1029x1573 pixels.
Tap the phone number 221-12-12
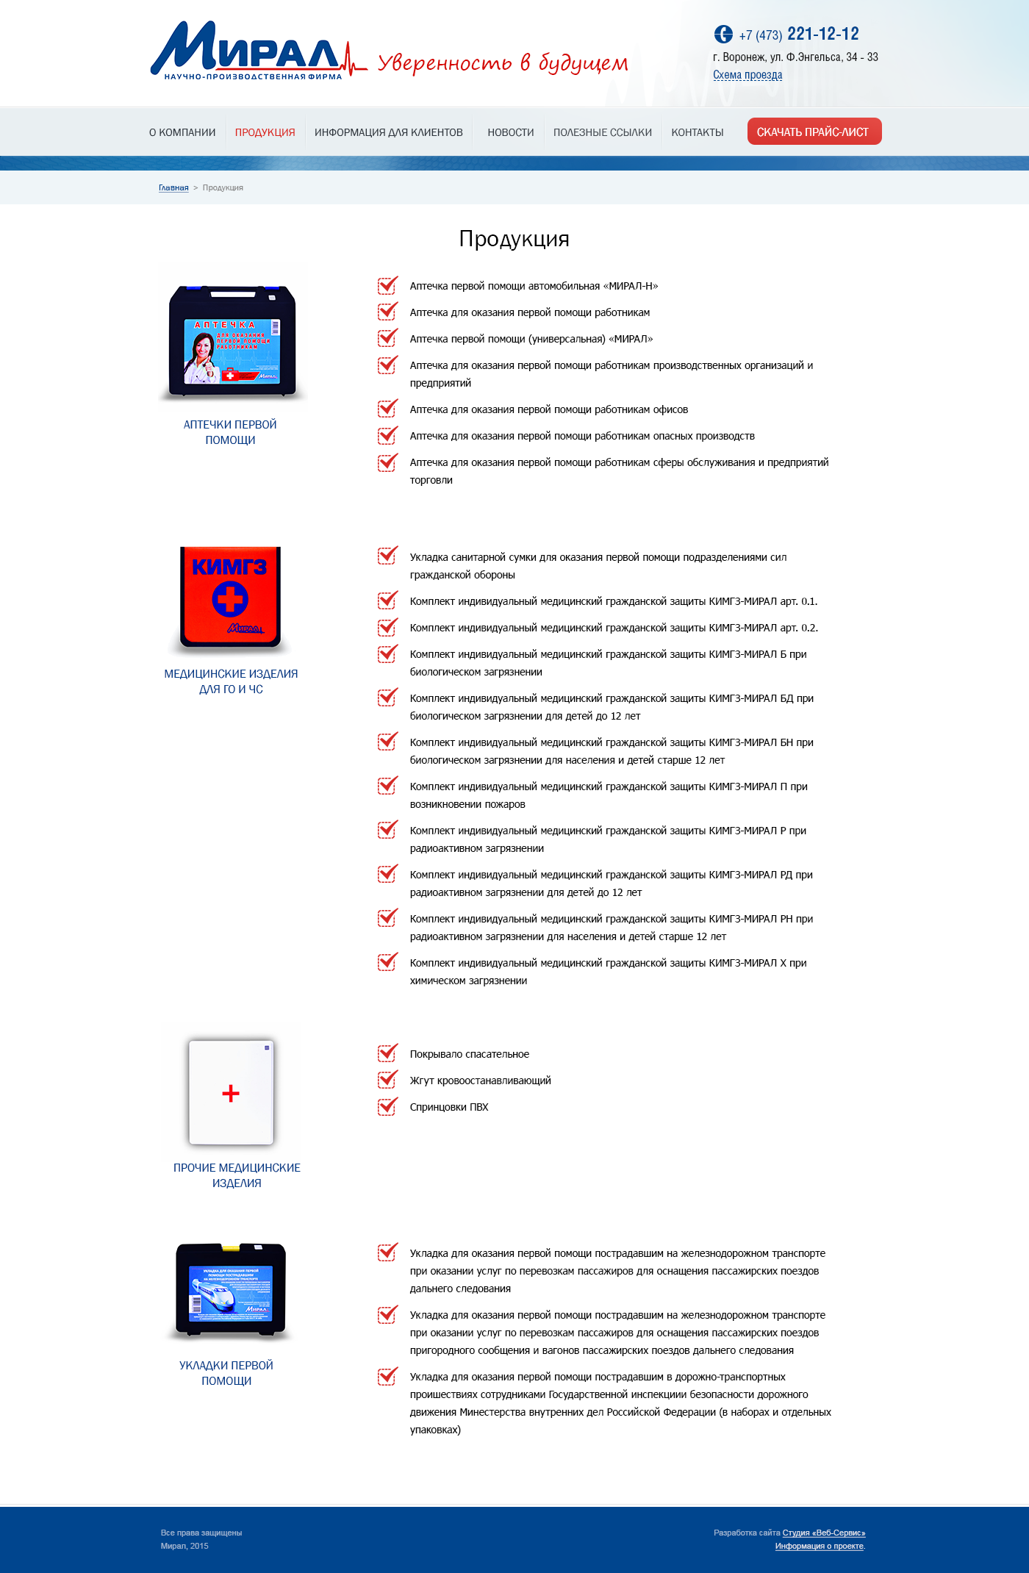tap(822, 34)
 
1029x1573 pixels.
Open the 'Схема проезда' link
tap(747, 75)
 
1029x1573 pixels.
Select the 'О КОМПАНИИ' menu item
tap(182, 132)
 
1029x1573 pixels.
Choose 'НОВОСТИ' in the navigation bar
tap(510, 132)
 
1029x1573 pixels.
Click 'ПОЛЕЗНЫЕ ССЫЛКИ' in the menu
tap(602, 132)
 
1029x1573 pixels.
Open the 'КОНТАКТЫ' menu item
tap(697, 132)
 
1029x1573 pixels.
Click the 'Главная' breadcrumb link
tap(173, 188)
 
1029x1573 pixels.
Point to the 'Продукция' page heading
tap(514, 239)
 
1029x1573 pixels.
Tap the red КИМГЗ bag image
tap(231, 597)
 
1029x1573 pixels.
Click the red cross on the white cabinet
tap(231, 1093)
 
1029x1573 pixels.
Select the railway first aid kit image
tap(231, 1290)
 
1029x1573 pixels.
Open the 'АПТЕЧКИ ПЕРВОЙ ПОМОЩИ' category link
tap(230, 432)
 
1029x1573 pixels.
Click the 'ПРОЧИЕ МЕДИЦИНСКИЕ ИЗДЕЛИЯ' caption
tap(237, 1175)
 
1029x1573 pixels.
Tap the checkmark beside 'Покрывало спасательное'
tap(387, 1053)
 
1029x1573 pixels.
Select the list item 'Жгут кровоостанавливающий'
tap(480, 1081)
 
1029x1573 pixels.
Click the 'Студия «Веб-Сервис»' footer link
tap(823, 1533)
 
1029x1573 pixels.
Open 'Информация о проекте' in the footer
tap(819, 1546)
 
